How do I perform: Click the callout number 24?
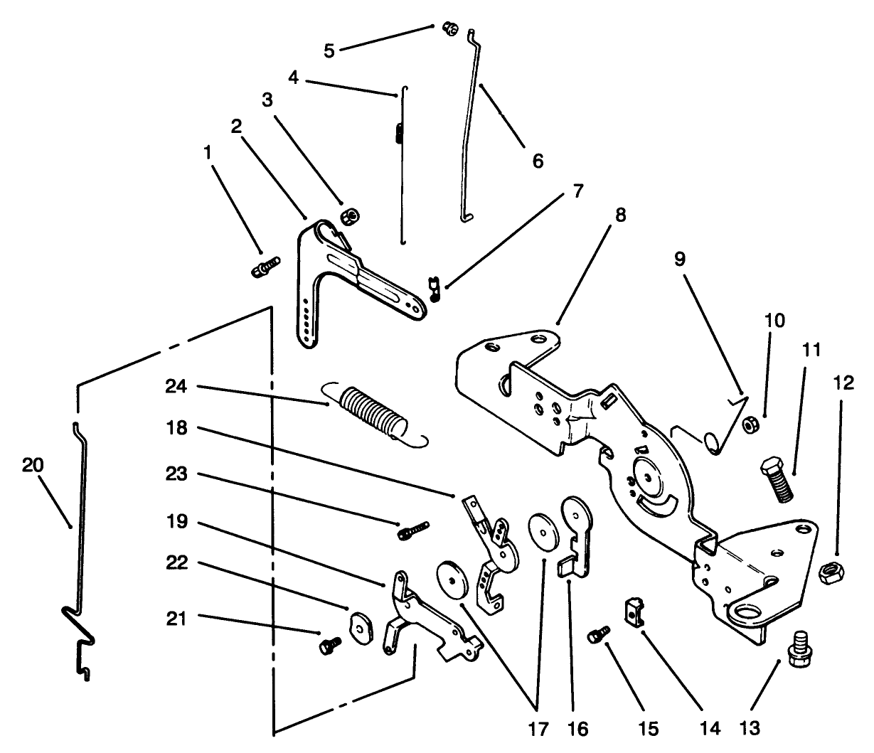176,387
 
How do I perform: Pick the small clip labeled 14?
634,611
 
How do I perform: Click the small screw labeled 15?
598,634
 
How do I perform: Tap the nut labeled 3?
349,215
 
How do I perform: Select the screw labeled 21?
329,644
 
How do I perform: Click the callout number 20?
33,466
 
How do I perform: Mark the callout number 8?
620,215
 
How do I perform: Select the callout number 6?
538,161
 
